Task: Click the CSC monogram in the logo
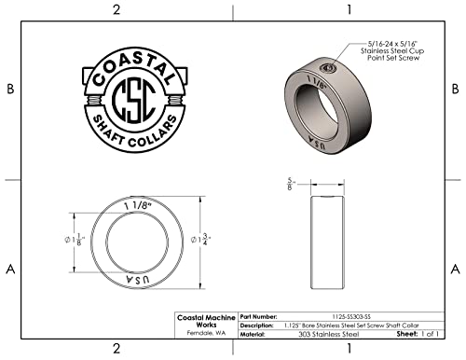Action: [134, 100]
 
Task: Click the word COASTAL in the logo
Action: [133, 67]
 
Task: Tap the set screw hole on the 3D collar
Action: [327, 67]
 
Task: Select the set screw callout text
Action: [392, 50]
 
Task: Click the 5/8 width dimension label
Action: [291, 184]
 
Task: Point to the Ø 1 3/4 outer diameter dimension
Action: [200, 240]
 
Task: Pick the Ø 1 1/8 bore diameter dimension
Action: [75, 240]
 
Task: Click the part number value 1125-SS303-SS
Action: [351, 317]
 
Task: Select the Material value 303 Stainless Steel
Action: [329, 335]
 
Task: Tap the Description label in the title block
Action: [256, 325]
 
